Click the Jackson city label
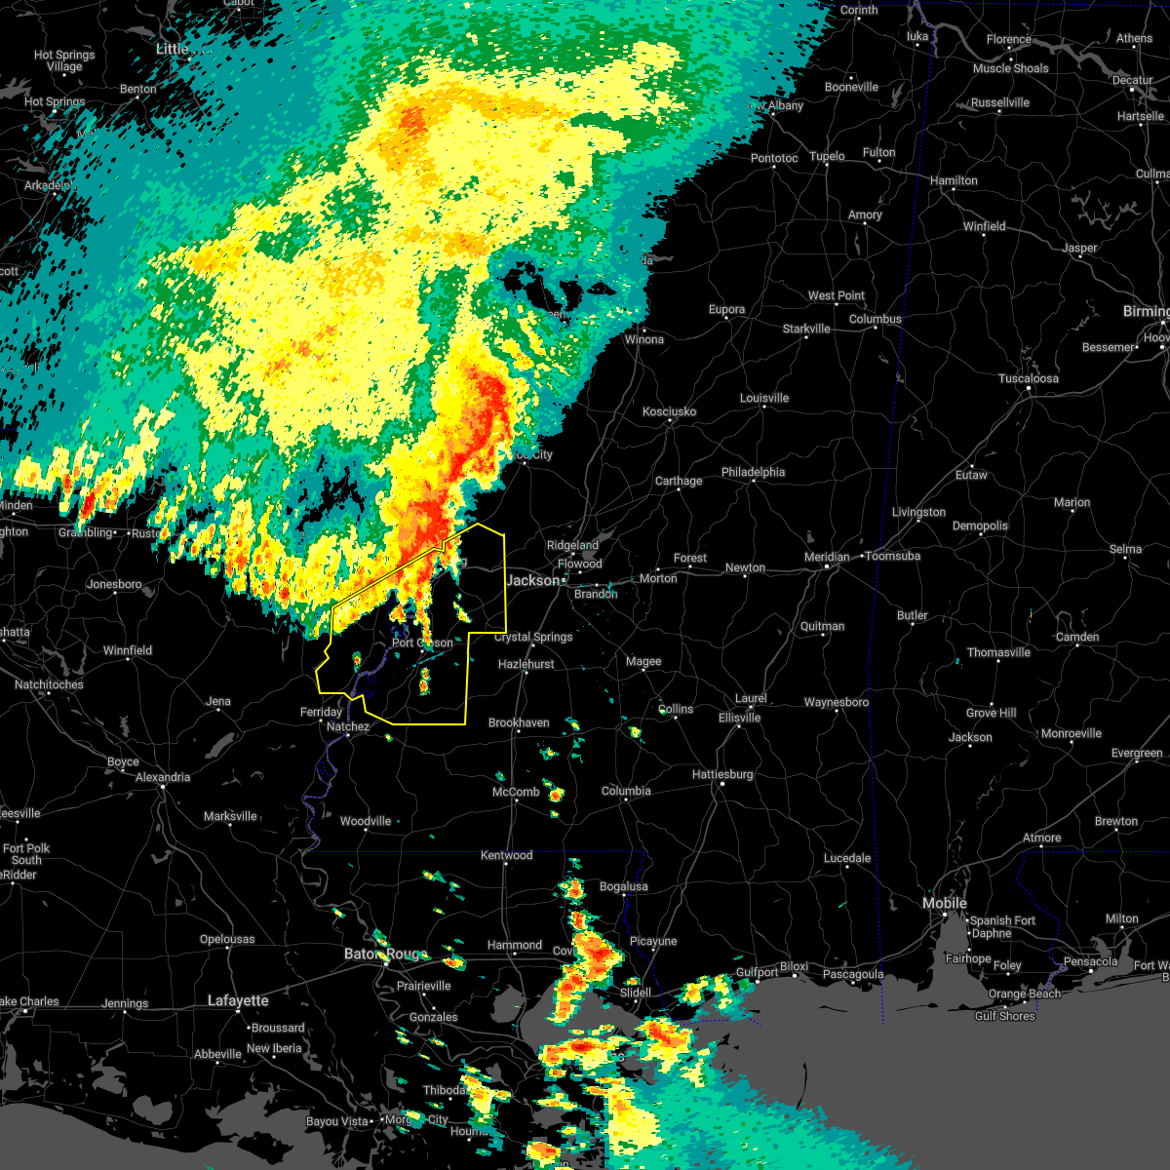click(533, 580)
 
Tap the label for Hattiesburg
click(722, 774)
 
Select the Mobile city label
click(944, 904)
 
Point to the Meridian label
click(826, 557)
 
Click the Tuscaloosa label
click(1030, 378)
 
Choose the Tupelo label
click(827, 156)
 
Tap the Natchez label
click(348, 726)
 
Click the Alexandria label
click(163, 777)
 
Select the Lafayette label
click(238, 1000)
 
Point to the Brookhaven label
click(519, 722)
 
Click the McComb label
click(516, 792)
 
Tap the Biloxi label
click(794, 966)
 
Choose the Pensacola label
click(1090, 961)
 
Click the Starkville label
click(806, 329)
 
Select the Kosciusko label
click(669, 411)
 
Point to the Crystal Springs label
click(533, 637)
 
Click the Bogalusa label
click(623, 886)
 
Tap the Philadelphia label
click(753, 472)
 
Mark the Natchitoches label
click(49, 684)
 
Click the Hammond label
click(514, 945)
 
